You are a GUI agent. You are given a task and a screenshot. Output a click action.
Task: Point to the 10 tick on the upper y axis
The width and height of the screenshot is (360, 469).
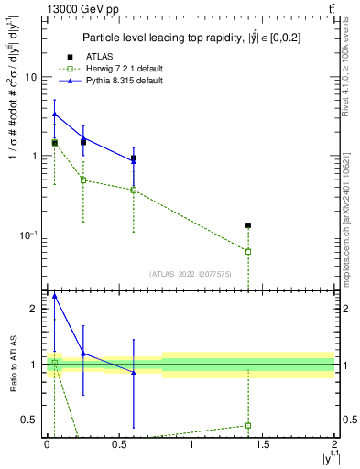tap(34, 77)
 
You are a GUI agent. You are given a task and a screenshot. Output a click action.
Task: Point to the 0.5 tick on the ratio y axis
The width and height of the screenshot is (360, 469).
tap(33, 420)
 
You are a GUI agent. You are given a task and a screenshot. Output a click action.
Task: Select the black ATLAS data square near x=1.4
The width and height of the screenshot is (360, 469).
tap(248, 224)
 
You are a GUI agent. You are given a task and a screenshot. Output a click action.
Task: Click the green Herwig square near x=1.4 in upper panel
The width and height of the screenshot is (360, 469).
tap(248, 251)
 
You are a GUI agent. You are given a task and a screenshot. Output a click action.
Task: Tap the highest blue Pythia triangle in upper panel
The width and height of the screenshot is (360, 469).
tap(55, 115)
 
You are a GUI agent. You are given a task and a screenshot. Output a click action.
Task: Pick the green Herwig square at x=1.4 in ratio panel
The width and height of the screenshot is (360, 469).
tap(248, 425)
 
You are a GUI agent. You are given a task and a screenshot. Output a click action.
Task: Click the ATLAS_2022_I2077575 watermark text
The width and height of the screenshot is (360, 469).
tap(190, 273)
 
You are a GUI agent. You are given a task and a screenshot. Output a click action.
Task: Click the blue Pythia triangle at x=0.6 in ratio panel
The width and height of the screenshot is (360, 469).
tap(134, 372)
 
